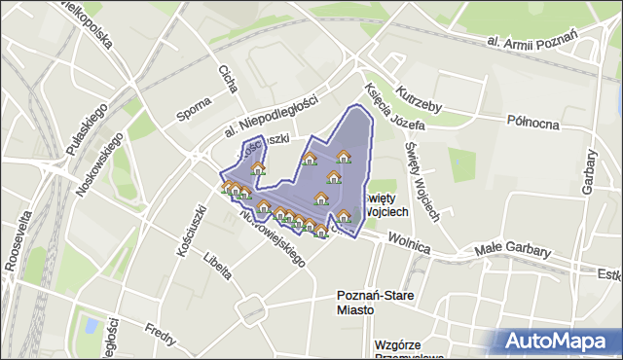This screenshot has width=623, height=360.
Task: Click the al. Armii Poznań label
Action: tap(532, 39)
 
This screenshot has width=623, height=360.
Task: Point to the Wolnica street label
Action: tap(409, 243)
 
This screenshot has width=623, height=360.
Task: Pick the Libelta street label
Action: tap(218, 264)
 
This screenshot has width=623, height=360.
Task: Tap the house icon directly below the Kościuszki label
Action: tap(258, 169)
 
